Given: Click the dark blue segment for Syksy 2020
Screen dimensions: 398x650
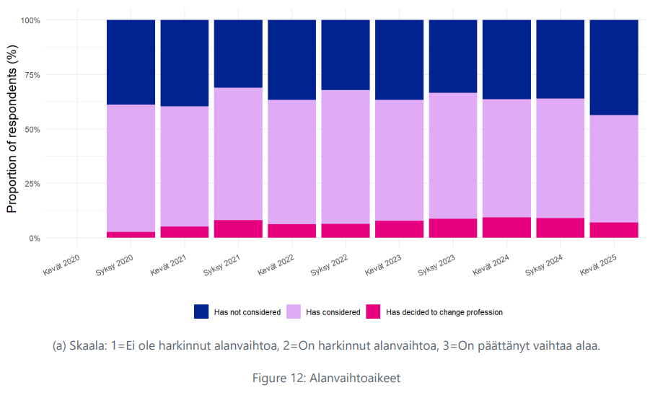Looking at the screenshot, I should click(131, 62).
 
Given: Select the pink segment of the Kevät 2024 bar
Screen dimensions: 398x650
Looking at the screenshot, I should click(506, 227).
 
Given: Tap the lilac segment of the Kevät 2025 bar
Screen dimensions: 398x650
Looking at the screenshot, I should click(614, 169).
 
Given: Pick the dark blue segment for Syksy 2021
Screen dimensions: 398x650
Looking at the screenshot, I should click(238, 53).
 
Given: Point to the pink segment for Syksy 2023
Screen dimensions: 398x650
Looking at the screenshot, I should click(453, 228).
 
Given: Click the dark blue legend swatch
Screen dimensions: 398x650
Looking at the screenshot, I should click(201, 311).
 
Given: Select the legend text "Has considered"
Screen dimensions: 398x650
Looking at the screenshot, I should click(333, 312).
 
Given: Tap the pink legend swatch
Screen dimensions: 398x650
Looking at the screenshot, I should click(372, 311).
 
